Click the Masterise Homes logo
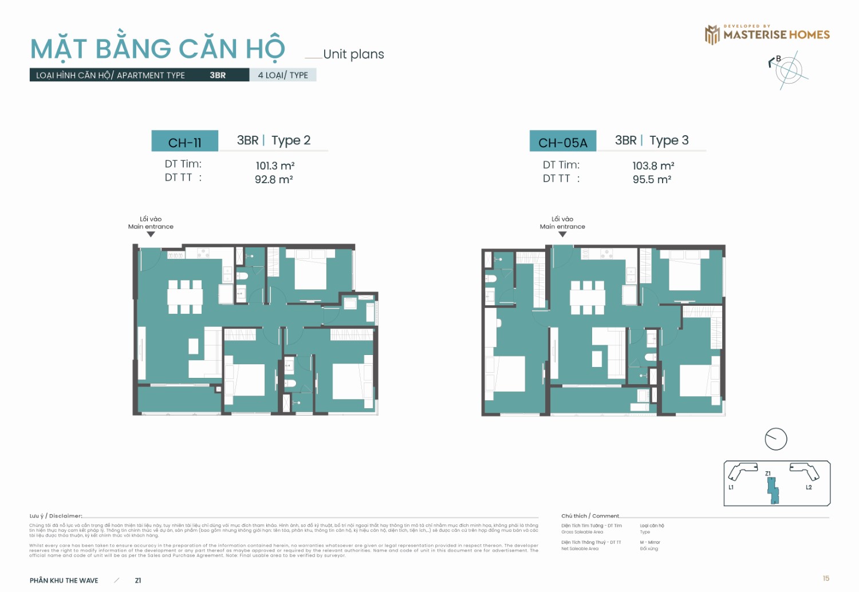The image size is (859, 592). click(x=767, y=34)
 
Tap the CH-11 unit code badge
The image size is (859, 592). click(x=184, y=142)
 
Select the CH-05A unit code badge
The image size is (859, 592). click(x=562, y=142)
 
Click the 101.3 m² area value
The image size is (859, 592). click(x=275, y=165)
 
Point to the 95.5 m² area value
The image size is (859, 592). click(x=652, y=179)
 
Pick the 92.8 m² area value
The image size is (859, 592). click(x=274, y=179)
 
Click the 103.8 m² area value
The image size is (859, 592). click(x=653, y=165)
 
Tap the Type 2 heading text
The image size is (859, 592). click(x=291, y=140)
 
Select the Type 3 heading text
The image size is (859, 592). click(x=669, y=140)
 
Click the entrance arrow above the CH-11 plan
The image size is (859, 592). click(x=151, y=234)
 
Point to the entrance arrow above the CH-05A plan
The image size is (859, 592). click(x=562, y=234)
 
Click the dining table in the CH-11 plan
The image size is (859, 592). click(x=185, y=296)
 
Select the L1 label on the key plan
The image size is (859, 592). click(x=731, y=487)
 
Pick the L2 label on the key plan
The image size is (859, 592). click(x=809, y=487)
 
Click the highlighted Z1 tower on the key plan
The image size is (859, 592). click(x=773, y=491)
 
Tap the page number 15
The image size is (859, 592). click(x=826, y=578)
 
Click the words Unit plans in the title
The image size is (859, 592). click(x=353, y=54)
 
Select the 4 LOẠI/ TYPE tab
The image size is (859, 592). click(x=283, y=75)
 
